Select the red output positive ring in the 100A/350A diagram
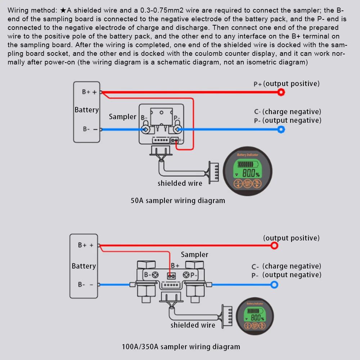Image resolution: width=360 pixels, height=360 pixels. [x=274, y=246]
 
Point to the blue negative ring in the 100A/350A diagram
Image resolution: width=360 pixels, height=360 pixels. [x=274, y=285]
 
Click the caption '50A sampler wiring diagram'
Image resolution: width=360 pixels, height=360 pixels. [x=178, y=201]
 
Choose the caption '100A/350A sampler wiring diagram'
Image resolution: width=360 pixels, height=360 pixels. [x=181, y=347]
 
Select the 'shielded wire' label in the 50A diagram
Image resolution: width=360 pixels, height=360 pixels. [x=180, y=183]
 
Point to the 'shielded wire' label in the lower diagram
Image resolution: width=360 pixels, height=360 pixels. [x=193, y=325]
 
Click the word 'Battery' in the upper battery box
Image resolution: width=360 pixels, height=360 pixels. [x=86, y=110]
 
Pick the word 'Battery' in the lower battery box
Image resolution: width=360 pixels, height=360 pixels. [x=84, y=266]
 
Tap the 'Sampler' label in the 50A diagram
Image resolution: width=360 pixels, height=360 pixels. [x=122, y=117]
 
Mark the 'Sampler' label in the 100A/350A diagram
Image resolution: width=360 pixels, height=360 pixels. [x=194, y=255]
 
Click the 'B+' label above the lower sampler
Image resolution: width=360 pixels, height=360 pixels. [x=175, y=265]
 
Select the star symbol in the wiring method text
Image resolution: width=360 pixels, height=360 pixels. [x=63, y=10]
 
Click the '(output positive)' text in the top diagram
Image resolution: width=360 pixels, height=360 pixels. [x=291, y=84]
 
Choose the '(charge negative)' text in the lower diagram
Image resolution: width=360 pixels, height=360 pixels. [x=292, y=266]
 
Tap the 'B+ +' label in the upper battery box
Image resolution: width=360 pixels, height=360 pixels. [x=89, y=92]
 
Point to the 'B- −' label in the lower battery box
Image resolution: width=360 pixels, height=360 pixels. [x=86, y=284]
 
